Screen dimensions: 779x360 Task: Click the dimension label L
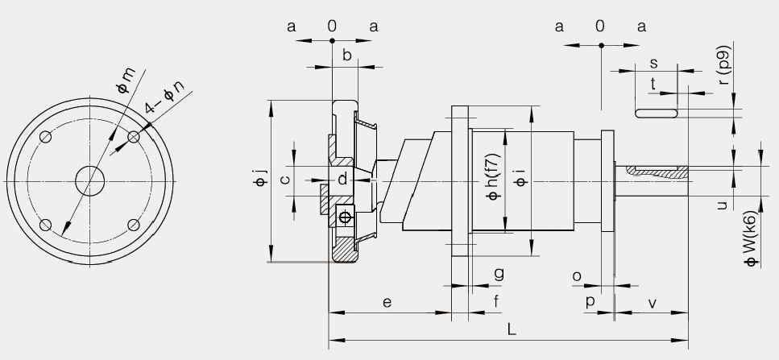click(512, 329)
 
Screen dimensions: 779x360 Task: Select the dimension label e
click(387, 302)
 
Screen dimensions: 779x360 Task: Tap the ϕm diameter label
click(126, 81)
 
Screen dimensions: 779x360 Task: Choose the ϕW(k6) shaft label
click(750, 238)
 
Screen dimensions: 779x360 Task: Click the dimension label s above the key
click(654, 63)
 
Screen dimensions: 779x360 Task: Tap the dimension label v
click(653, 302)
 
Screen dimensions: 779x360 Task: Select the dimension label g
click(499, 274)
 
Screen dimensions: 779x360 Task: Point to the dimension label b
click(346, 55)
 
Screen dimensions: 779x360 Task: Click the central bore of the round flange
click(90, 181)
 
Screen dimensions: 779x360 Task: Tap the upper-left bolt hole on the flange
click(46, 137)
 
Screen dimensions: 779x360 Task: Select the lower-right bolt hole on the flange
click(134, 226)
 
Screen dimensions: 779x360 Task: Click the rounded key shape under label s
click(657, 114)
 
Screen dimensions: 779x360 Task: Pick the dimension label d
click(342, 179)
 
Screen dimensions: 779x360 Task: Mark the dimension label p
click(590, 302)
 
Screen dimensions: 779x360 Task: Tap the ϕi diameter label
click(520, 179)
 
